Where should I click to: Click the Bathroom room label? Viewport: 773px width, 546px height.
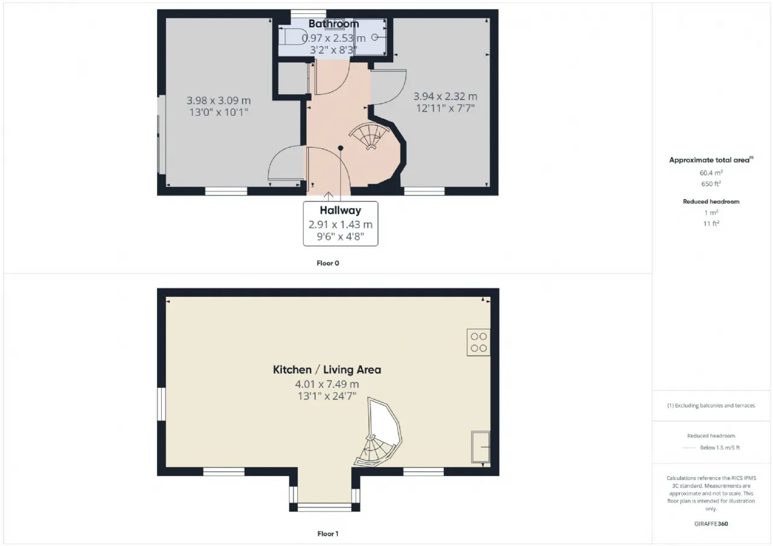[333, 24]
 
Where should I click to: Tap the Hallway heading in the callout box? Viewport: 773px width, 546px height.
[340, 211]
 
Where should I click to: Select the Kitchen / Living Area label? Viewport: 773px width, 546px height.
[327, 370]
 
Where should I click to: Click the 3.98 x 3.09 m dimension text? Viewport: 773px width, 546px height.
[219, 101]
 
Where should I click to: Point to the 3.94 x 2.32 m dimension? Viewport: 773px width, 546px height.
[445, 97]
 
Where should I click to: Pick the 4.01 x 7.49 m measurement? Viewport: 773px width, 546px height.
[327, 384]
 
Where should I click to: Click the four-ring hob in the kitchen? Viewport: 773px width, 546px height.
[478, 342]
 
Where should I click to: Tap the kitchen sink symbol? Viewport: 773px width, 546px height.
[480, 446]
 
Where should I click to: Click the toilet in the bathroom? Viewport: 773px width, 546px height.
[293, 37]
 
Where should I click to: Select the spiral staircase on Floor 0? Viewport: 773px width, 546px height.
[370, 136]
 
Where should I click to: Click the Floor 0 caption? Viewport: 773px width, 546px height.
[328, 264]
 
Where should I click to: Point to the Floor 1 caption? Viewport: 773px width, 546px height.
[328, 534]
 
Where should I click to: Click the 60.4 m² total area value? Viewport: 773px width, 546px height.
[711, 173]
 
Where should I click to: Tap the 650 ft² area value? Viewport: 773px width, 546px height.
[711, 184]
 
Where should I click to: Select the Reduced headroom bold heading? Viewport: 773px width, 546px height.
[711, 202]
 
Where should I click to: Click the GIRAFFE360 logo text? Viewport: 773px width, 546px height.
[711, 524]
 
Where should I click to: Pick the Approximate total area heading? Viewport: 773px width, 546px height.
[711, 160]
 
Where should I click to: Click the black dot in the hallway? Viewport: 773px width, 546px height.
[341, 148]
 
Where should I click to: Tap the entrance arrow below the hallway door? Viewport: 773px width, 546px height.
[328, 196]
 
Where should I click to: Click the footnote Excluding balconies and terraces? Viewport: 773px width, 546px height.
[711, 405]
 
